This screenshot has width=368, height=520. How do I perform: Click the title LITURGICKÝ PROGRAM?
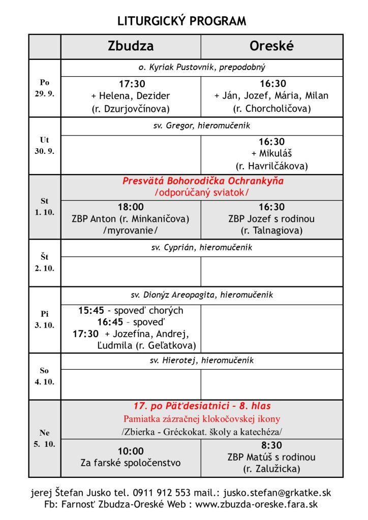click(181, 21)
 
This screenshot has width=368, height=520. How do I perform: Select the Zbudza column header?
click(131, 46)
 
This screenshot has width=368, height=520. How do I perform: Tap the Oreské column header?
click(271, 46)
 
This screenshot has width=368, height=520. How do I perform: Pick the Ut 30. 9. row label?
click(44, 146)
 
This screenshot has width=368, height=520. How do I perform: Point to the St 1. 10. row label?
click(44, 207)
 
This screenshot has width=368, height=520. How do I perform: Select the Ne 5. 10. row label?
click(44, 438)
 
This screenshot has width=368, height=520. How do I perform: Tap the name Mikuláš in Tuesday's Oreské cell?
click(271, 154)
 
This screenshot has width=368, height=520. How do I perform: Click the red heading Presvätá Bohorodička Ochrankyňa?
click(203, 181)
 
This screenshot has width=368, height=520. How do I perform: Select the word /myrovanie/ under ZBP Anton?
click(131, 230)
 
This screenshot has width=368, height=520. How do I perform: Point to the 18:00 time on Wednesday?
click(131, 207)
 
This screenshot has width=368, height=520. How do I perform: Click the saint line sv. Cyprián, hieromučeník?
click(202, 248)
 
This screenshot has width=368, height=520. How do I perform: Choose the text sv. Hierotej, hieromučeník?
click(202, 361)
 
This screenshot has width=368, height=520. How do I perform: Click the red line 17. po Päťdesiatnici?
click(202, 406)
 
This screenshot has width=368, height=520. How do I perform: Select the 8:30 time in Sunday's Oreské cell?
click(271, 445)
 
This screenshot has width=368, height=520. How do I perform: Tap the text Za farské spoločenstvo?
click(131, 463)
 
